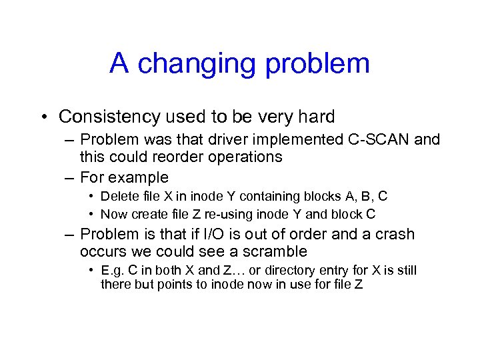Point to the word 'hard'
pyautogui.click(x=314, y=117)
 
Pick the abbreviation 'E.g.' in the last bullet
pyautogui.click(x=111, y=271)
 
